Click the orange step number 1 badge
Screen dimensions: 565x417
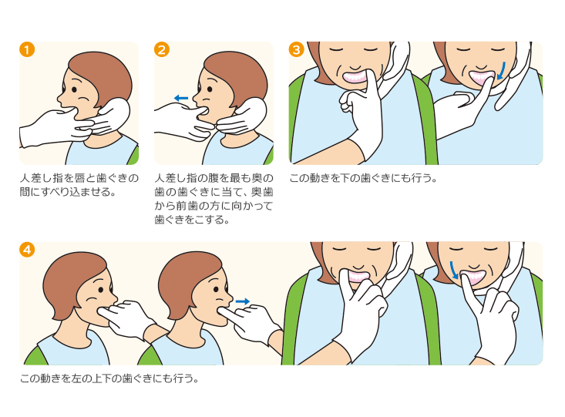pyautogui.click(x=27, y=49)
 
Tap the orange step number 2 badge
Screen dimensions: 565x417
pyautogui.click(x=161, y=49)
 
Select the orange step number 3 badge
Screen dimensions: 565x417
pyautogui.click(x=297, y=49)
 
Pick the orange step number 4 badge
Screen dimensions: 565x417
pyautogui.click(x=27, y=250)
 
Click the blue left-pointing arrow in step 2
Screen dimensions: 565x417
pyautogui.click(x=181, y=98)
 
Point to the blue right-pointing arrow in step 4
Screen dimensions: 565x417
pyautogui.click(x=243, y=301)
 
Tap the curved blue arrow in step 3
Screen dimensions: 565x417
pyautogui.click(x=501, y=71)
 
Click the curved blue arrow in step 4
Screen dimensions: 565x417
pyautogui.click(x=453, y=270)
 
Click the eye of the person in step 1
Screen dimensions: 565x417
pyautogui.click(x=74, y=89)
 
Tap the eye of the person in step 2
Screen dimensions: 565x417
pyautogui.click(x=210, y=89)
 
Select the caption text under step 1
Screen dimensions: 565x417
pyautogui.click(x=79, y=185)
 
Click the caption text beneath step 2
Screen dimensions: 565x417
pyautogui.click(x=214, y=199)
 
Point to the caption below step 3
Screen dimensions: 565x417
pyautogui.click(x=363, y=178)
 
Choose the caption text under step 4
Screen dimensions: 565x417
pyautogui.click(x=109, y=378)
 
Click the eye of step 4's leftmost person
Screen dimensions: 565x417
pyautogui.click(x=101, y=289)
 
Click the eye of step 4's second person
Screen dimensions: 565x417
pyautogui.click(x=216, y=289)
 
